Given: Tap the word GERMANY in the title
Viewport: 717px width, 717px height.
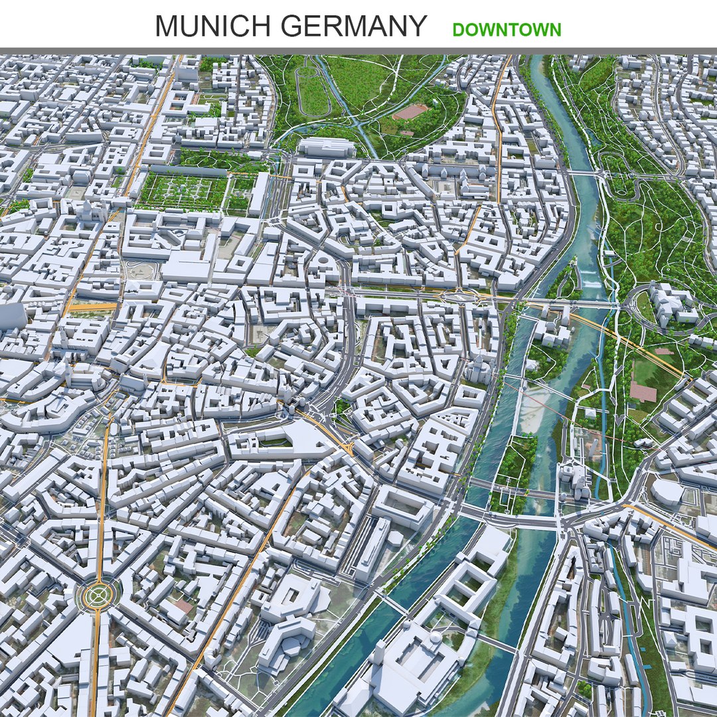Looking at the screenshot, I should pos(353,26).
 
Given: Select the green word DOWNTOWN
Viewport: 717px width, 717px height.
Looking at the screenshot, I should pos(507,30).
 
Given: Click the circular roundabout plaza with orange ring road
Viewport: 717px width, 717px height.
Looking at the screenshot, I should pos(98,595).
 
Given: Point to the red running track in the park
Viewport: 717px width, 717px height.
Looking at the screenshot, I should pos(410,112).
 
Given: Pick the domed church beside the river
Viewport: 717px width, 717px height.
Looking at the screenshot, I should pos(479,369).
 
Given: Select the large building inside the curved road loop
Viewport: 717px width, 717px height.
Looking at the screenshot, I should pos(671,302).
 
